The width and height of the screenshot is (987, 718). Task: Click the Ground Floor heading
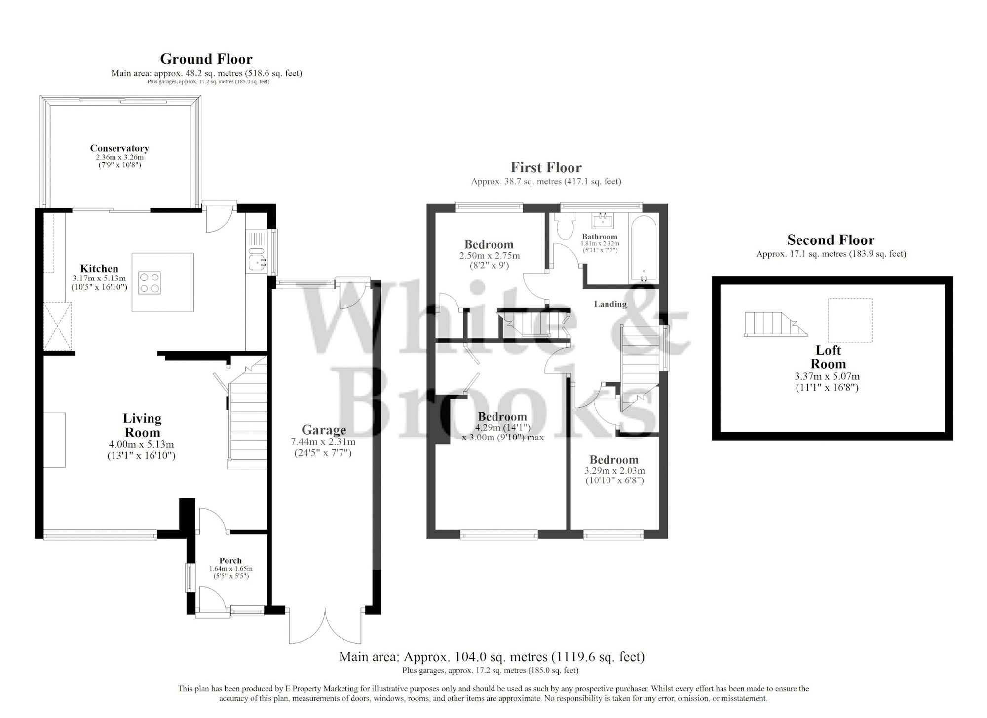click(206, 59)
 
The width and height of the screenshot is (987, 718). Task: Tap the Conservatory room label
click(119, 148)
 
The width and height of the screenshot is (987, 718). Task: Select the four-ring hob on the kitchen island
click(150, 282)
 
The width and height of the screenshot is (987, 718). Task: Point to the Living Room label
click(142, 425)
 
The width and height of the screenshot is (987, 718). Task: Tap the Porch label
click(230, 560)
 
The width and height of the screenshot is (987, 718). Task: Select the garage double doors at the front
click(326, 626)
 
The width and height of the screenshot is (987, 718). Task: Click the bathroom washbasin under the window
click(603, 220)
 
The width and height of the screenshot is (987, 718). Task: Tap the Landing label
click(610, 304)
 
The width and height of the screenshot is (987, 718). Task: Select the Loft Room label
click(828, 357)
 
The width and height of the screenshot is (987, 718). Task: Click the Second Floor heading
click(831, 240)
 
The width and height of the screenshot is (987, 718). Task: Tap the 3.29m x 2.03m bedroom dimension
click(614, 471)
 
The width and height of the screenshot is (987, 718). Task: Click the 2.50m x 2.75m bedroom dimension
click(489, 256)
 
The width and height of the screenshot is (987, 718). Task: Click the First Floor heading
click(546, 168)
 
